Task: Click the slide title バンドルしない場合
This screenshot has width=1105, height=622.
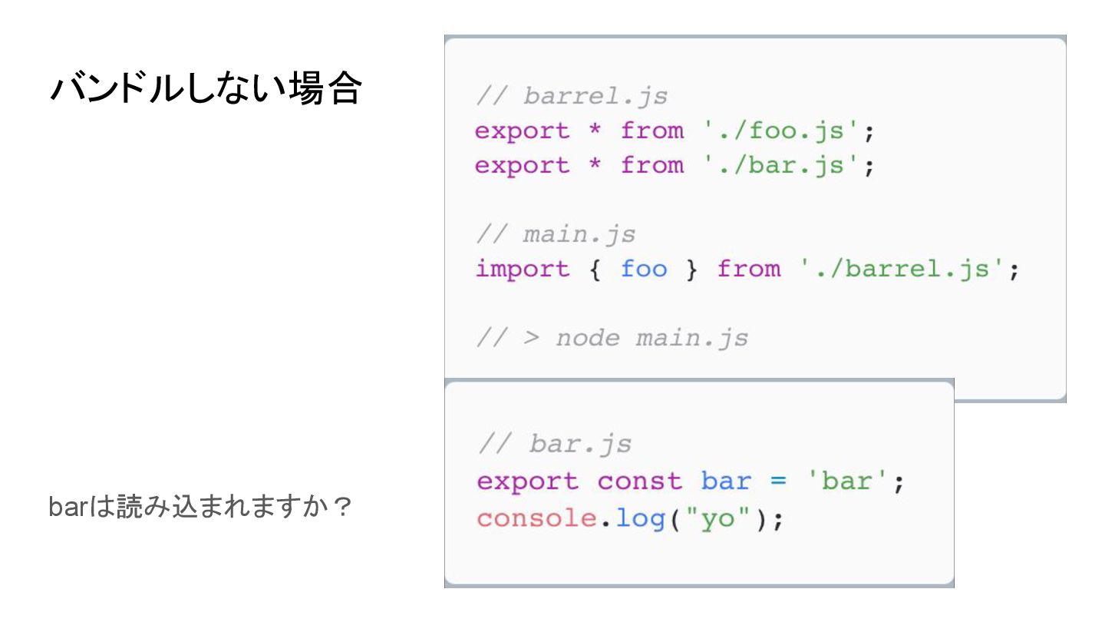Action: click(x=205, y=89)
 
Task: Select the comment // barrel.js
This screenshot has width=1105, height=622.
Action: click(x=571, y=96)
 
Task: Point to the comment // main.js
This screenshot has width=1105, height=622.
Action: click(x=556, y=234)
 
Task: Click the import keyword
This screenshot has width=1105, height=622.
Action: click(x=523, y=269)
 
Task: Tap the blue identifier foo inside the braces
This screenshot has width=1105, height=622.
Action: click(x=644, y=269)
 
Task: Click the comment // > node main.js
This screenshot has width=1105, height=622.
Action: click(x=612, y=338)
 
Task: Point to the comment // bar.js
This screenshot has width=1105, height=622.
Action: click(x=554, y=444)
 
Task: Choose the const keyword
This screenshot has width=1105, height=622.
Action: click(x=639, y=481)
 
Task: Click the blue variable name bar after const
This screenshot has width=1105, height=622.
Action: click(x=726, y=481)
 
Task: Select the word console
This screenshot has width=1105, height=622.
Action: click(x=536, y=518)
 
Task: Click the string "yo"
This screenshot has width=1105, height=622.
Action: click(x=709, y=518)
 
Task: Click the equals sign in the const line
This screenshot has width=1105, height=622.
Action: click(x=778, y=481)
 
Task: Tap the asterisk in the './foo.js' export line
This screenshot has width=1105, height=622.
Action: click(x=595, y=131)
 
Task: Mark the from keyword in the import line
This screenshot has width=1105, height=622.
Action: click(x=749, y=269)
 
